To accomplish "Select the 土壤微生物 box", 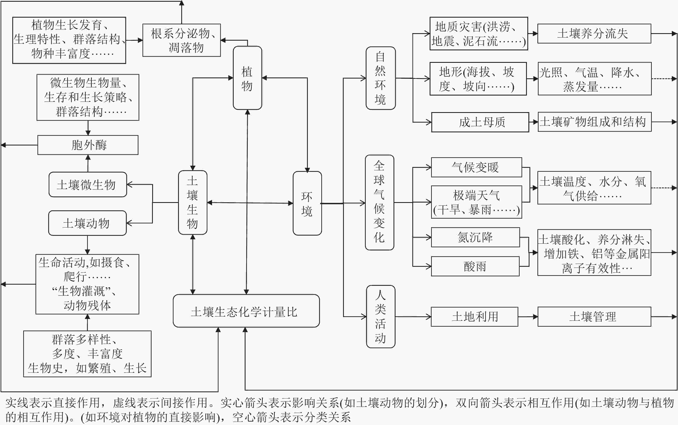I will pyautogui.click(x=88, y=184).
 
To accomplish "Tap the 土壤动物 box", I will pyautogui.click(x=87, y=223).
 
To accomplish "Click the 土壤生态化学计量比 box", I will pyautogui.click(x=246, y=311).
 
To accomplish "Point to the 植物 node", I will pyautogui.click(x=247, y=78).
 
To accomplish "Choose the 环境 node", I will pyautogui.click(x=307, y=203).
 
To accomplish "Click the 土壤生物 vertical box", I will pyautogui.click(x=193, y=202).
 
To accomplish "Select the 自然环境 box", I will pyautogui.click(x=380, y=78).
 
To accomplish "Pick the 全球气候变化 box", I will pyautogui.click(x=379, y=202).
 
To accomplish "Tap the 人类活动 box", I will pyautogui.click(x=380, y=317).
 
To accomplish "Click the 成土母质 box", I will pyautogui.click(x=480, y=122).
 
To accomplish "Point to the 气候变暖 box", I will pyautogui.click(x=477, y=167).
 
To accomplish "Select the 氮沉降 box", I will pyautogui.click(x=475, y=237).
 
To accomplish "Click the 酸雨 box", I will pyautogui.click(x=475, y=266).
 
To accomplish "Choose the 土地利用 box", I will pyautogui.click(x=474, y=317).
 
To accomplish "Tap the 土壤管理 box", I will pyautogui.click(x=594, y=317).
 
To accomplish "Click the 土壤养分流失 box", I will pyautogui.click(x=594, y=33).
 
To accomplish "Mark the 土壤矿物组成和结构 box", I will pyautogui.click(x=594, y=122).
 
